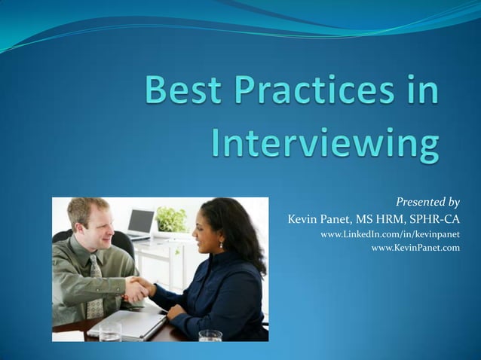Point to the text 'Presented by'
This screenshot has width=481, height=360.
[x=427, y=202]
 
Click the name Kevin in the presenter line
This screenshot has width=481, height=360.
[x=305, y=220]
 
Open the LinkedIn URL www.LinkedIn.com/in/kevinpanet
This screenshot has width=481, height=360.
[x=390, y=235]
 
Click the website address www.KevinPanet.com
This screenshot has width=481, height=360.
[x=415, y=248]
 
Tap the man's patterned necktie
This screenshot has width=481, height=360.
[x=96, y=287]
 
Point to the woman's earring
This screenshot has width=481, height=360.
[x=220, y=245]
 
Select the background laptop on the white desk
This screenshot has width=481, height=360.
[x=140, y=223]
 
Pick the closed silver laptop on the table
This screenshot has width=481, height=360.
[x=128, y=325]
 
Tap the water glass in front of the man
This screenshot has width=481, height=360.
[x=110, y=332]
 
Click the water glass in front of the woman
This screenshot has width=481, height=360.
[x=210, y=336]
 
